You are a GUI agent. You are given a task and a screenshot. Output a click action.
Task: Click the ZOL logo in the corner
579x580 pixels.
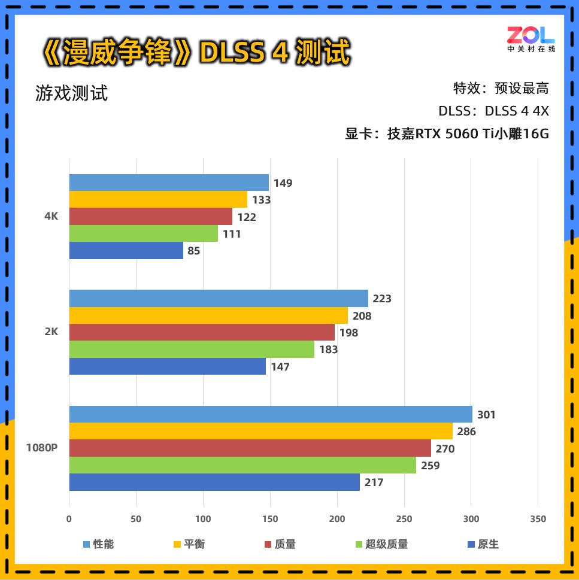[x=531, y=38]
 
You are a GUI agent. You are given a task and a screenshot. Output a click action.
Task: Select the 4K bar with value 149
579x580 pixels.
[x=169, y=183]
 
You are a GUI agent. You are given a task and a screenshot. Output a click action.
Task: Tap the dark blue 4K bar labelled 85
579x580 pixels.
[x=126, y=251]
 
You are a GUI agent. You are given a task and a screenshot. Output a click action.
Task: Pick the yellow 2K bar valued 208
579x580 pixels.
[x=208, y=315]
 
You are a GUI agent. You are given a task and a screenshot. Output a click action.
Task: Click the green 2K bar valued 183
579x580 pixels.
[x=192, y=350]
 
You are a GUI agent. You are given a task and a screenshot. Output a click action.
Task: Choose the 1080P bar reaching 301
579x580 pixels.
[x=271, y=414]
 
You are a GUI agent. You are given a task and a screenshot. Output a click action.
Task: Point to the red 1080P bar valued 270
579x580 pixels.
[x=250, y=448]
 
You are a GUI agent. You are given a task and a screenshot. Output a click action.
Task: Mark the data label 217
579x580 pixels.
[x=374, y=482]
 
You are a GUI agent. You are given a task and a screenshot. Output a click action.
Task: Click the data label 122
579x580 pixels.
[x=247, y=217]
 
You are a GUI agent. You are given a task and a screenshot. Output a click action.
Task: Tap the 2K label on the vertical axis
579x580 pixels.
[x=51, y=332]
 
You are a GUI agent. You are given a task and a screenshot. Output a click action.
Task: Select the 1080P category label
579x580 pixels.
[x=42, y=448]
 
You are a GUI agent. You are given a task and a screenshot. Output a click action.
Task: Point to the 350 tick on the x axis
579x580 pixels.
[x=538, y=519]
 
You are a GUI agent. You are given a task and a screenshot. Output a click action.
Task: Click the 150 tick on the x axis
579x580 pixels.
[x=270, y=519]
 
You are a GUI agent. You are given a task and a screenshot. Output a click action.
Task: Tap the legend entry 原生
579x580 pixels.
[x=487, y=544]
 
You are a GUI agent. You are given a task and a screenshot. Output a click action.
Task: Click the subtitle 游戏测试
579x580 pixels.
[x=72, y=93]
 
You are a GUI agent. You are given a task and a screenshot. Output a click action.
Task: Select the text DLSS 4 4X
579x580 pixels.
[x=517, y=111]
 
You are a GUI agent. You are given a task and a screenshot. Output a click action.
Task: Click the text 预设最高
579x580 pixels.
[x=522, y=89]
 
